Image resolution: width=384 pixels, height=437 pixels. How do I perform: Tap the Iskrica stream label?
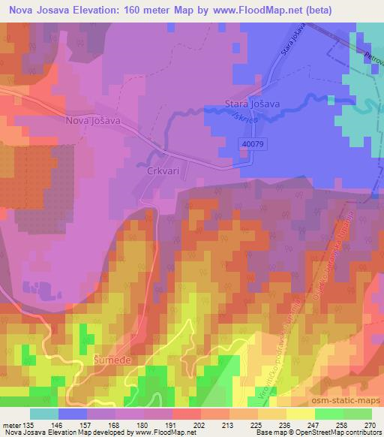[x=250, y=119]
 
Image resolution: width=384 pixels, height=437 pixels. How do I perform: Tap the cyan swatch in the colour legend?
[x=44, y=414]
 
